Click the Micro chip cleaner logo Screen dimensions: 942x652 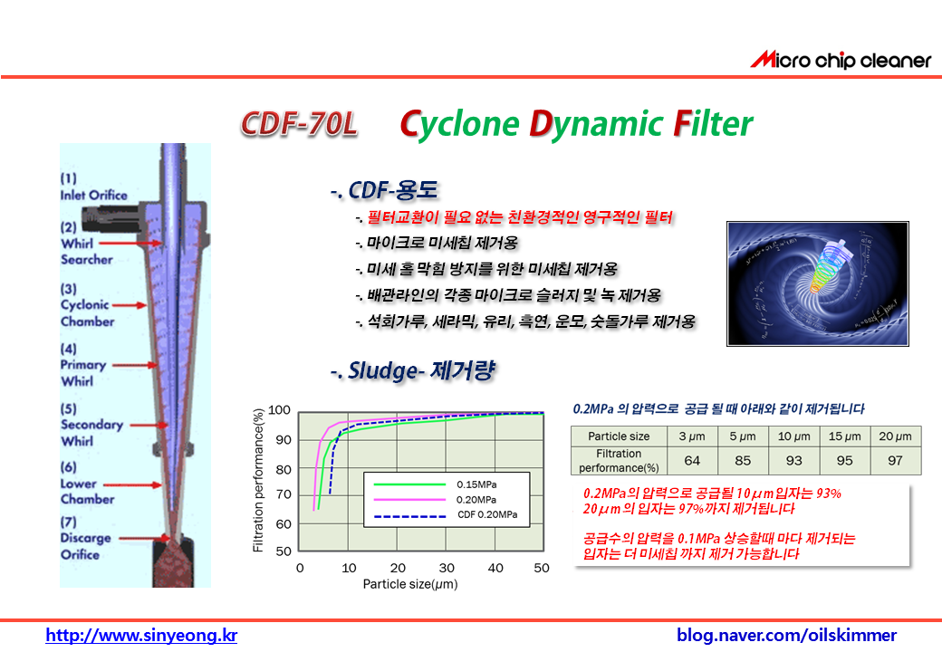point(841,60)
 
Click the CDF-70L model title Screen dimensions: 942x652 point(299,124)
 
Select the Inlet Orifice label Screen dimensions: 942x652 point(93,187)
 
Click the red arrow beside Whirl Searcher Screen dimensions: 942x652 point(130,244)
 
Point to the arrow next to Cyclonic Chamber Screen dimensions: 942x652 point(130,305)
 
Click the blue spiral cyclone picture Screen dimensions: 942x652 point(818,283)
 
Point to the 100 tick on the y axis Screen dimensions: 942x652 point(279,410)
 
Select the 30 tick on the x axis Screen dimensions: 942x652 point(447,568)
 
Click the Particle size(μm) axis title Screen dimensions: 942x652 point(410,584)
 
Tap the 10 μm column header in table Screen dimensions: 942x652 point(793,436)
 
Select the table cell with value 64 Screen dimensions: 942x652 point(692,461)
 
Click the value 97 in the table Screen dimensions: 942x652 point(895,461)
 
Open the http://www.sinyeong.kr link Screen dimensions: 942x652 point(141,635)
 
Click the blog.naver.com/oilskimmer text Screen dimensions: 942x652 point(786,635)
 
